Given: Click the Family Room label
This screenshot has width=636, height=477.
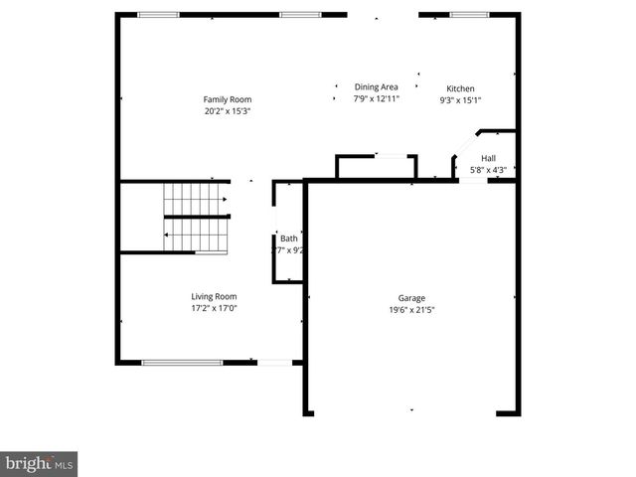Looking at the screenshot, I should coord(228,99).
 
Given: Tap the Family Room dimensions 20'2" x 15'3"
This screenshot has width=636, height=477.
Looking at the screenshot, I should coord(228,110).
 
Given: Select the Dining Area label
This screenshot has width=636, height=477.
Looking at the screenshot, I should coord(377,87).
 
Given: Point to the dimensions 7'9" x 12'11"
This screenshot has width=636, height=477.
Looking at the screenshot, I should coord(377,99).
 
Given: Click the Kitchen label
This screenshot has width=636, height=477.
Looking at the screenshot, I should coord(460,88).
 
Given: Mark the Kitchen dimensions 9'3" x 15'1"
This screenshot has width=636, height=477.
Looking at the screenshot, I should coord(460,99).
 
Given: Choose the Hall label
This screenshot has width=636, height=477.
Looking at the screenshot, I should coord(488,159).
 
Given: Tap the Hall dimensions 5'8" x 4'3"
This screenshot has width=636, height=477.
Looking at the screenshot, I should coord(488,170).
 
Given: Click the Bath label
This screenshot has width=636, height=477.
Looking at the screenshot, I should coord(288,238).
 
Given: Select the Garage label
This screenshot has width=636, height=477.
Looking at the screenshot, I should coord(412,298).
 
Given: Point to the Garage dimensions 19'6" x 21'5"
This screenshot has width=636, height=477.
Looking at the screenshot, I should coord(412,309).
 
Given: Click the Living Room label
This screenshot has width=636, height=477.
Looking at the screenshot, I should coord(214,296).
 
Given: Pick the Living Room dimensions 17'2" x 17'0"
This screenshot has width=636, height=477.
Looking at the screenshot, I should coord(214,308).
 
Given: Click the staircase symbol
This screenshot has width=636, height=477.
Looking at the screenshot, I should coord(197,217).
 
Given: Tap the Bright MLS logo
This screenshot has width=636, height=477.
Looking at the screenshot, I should coord(39,463).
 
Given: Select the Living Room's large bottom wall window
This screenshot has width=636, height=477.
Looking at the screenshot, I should coord(181,363).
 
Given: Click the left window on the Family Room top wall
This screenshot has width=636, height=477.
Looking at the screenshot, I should coord(158,15).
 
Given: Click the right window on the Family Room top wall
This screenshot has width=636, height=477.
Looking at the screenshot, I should coord(299,15).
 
